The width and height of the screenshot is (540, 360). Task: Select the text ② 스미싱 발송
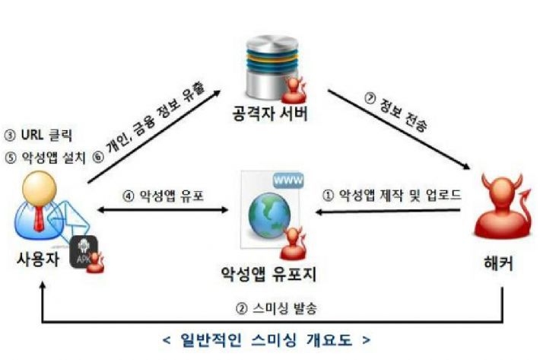[x=277, y=308]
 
